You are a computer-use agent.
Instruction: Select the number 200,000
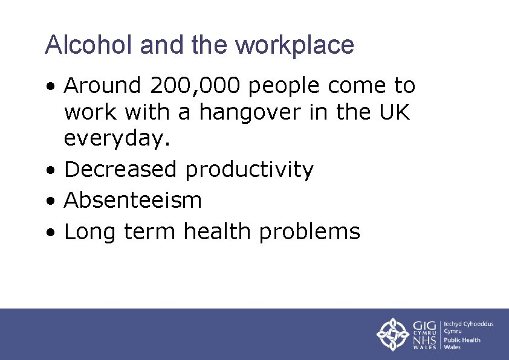[195, 86]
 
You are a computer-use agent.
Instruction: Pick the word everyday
[117, 139]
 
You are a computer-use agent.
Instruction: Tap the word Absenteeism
[132, 200]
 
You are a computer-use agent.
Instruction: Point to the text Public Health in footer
[462, 339]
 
